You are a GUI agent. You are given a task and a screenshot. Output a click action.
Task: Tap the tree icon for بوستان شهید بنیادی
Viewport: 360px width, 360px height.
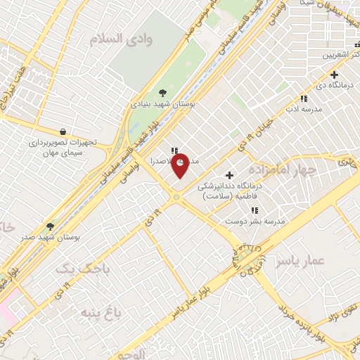163,92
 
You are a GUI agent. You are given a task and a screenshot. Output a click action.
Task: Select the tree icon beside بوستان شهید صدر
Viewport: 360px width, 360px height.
50,227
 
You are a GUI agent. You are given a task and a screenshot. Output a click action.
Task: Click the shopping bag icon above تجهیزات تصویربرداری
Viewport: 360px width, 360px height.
63,131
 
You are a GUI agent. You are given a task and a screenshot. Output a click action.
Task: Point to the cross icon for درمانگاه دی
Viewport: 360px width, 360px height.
334,75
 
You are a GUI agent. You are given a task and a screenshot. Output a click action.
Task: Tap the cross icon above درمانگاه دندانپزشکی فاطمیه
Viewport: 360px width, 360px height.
229,175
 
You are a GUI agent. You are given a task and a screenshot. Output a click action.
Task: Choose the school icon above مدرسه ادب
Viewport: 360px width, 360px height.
304,99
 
